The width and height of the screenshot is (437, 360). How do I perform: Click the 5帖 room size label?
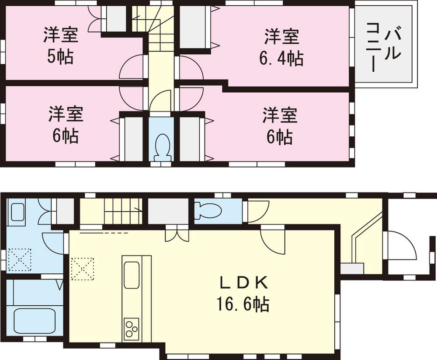[61, 57]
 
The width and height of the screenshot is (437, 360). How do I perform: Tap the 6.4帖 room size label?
[281, 58]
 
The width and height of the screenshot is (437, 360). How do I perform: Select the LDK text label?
[243, 283]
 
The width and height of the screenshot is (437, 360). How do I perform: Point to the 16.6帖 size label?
[243, 304]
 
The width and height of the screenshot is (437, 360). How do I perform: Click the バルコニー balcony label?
[384, 46]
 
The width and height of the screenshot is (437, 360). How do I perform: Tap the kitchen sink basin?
[131, 275]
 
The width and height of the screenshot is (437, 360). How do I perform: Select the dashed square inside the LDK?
[82, 268]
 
